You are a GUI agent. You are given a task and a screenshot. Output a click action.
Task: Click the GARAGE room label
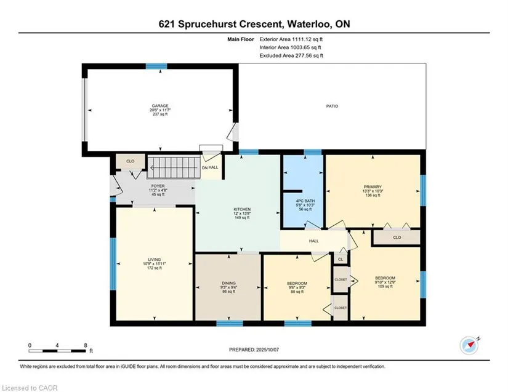[160, 106]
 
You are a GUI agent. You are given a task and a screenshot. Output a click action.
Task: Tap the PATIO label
[332, 106]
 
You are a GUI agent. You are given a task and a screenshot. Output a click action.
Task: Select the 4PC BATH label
[305, 201]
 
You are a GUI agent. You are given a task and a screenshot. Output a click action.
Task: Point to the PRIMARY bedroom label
[373, 187]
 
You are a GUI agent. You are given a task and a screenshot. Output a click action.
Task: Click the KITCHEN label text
[242, 209]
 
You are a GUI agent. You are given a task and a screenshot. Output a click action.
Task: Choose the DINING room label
[228, 283]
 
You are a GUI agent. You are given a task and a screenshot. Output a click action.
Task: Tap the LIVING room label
[154, 260]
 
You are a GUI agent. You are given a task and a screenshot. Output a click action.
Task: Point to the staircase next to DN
[173, 167]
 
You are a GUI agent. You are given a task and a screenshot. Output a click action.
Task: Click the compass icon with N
[469, 346]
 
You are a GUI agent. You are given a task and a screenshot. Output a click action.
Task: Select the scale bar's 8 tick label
[86, 345]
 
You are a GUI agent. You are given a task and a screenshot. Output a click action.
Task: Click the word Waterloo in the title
[308, 24]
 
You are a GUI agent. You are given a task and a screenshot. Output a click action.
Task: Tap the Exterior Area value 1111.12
[302, 39]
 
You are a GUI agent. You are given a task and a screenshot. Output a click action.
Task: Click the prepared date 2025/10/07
[268, 350]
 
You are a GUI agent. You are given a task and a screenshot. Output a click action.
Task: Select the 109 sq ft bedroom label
[385, 282]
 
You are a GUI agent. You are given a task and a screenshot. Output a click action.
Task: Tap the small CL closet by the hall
[341, 260]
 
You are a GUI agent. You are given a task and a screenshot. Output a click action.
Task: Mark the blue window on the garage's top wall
[156, 66]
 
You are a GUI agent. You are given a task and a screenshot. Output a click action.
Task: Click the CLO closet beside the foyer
[131, 161]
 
